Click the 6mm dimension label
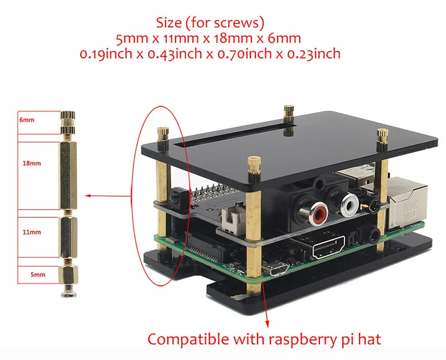pos(26,119)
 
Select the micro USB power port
pos(277,269)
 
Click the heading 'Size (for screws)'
pos(210,23)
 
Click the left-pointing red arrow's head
pos(88,196)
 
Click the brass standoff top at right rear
pos(382,134)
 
